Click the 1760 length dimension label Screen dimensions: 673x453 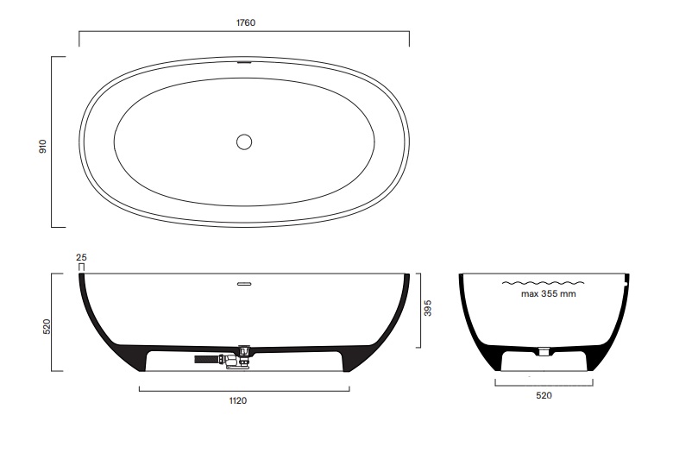click(x=246, y=22)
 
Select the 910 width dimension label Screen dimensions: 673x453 click(x=42, y=147)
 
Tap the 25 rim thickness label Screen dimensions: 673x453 click(x=81, y=258)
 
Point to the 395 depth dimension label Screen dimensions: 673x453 click(x=427, y=308)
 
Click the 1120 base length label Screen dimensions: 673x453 click(x=238, y=401)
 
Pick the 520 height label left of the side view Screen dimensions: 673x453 click(x=47, y=326)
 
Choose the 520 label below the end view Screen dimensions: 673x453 click(x=544, y=395)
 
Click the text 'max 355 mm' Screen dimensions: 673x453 click(x=549, y=294)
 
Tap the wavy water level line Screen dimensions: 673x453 click(x=543, y=283)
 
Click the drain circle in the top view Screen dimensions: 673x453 click(x=244, y=142)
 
